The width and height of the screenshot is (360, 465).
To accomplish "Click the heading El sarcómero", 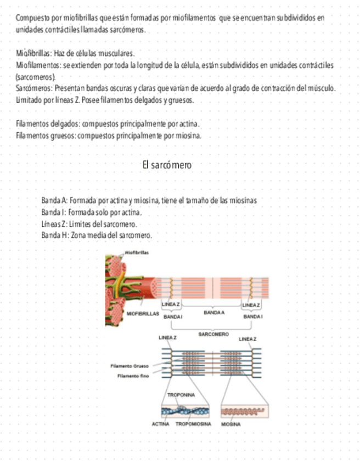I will [x=167, y=165].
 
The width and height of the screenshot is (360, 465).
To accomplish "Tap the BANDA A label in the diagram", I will [x=215, y=312].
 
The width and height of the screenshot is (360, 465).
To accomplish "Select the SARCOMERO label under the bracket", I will [x=213, y=333].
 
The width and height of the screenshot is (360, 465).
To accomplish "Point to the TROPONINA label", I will [x=181, y=394].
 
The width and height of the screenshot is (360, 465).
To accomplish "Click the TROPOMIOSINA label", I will [x=194, y=424].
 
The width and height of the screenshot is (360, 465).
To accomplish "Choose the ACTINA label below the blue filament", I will [x=160, y=424].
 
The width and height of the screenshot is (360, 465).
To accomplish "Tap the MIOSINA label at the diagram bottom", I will [x=230, y=424].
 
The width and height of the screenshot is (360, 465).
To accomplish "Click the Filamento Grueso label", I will [x=129, y=366].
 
